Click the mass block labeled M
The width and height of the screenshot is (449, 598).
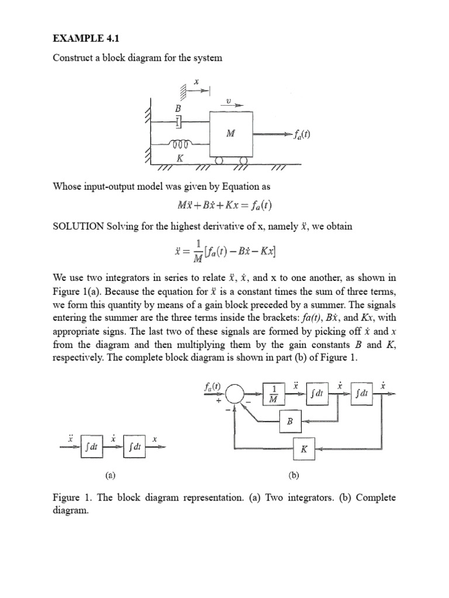231,134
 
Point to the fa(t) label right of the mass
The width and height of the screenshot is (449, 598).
301,134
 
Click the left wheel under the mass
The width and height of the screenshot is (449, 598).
219,160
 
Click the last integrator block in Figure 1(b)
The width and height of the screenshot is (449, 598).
361,394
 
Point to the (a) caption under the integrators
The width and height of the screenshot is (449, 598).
110,475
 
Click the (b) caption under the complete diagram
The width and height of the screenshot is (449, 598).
293,475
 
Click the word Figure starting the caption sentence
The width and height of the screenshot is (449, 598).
67,498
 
